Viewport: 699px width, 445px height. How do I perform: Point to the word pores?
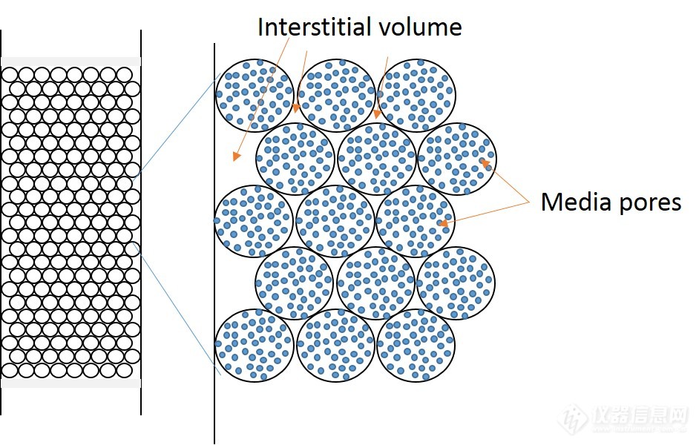[x=650, y=202]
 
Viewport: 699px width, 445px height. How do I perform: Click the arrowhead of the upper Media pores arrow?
[x=484, y=162]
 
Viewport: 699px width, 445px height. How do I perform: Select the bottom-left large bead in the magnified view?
[x=254, y=345]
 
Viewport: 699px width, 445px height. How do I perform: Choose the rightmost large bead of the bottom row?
[x=416, y=345]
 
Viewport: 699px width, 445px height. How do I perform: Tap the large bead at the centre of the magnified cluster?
[x=335, y=221]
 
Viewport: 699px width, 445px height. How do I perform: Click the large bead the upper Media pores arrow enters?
[x=457, y=159]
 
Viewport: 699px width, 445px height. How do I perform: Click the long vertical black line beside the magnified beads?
[x=214, y=245]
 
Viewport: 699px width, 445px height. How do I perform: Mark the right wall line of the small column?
[x=140, y=222]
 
